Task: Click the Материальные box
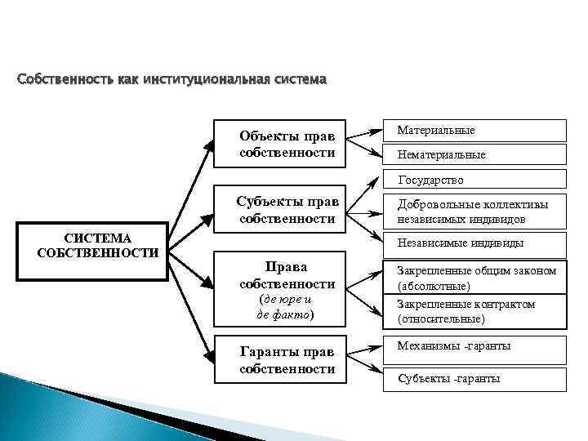477,131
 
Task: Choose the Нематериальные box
477,154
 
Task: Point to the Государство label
430,180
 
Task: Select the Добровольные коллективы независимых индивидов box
477,212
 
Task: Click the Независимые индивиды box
477,243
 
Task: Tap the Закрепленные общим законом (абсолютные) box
477,278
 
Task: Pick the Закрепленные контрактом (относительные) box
477,311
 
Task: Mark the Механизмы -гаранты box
477,349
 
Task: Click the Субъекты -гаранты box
477,378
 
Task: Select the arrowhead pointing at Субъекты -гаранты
379,377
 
